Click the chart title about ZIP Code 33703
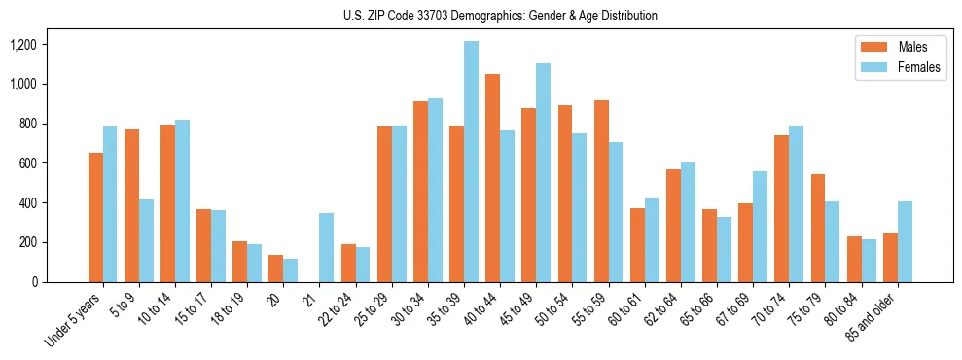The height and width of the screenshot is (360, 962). point(500,16)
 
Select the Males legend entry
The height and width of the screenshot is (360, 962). point(898,47)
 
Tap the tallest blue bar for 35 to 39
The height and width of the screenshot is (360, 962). point(471,162)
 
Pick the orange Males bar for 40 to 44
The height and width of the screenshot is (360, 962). point(493,178)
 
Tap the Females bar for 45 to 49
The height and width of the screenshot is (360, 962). point(543,172)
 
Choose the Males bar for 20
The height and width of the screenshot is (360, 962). point(276,269)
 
